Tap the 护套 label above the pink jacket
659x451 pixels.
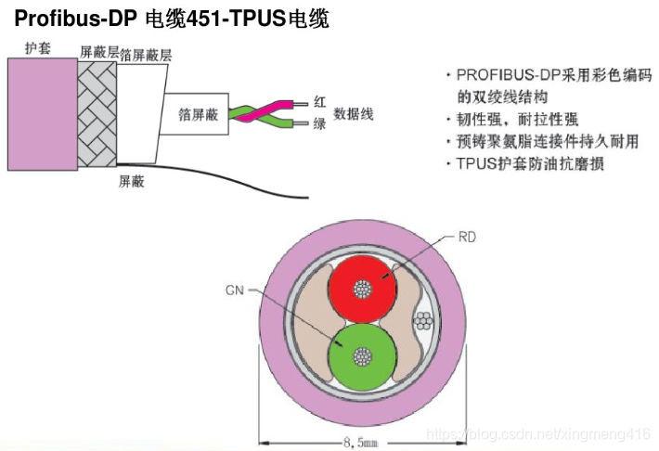[37, 49]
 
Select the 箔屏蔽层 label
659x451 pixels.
[147, 56]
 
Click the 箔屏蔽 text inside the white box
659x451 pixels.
[197, 115]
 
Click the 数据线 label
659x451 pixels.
[355, 112]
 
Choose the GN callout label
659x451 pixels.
[233, 290]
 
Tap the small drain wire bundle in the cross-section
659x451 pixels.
[424, 320]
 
